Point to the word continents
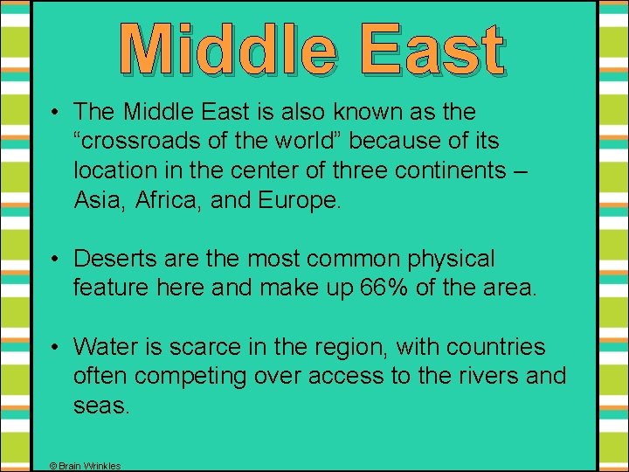[x=454, y=170]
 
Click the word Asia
[x=97, y=199]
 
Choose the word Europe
[x=298, y=199]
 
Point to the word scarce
[x=191, y=347]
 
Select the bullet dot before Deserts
[x=54, y=260]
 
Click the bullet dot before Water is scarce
[x=54, y=348]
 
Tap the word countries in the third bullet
[x=497, y=347]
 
